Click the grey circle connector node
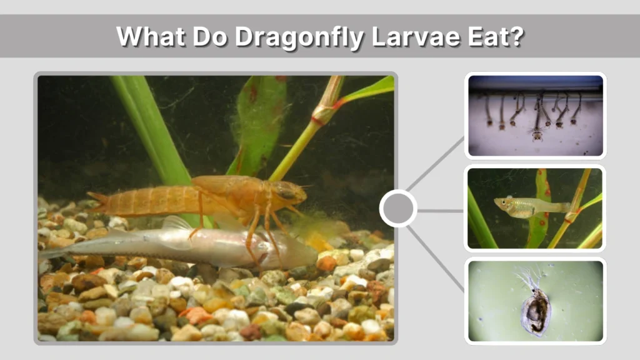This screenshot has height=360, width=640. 398,208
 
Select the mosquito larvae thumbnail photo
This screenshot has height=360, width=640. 535,115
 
